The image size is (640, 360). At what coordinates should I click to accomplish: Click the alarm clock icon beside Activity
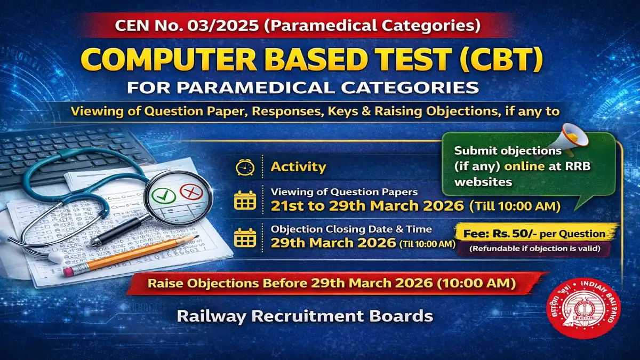pyautogui.click(x=245, y=167)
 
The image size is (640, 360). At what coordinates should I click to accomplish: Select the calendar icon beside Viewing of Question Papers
pyautogui.click(x=245, y=200)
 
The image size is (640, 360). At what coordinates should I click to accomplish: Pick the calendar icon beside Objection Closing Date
pyautogui.click(x=245, y=237)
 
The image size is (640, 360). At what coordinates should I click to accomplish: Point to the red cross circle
pyautogui.click(x=189, y=191)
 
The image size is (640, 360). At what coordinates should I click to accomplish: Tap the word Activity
pyautogui.click(x=298, y=167)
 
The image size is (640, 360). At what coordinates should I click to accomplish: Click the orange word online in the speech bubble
pyautogui.click(x=525, y=166)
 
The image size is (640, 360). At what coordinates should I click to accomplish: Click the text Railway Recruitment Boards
pyautogui.click(x=305, y=316)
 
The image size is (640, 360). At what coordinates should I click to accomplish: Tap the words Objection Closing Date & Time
pyautogui.click(x=351, y=229)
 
